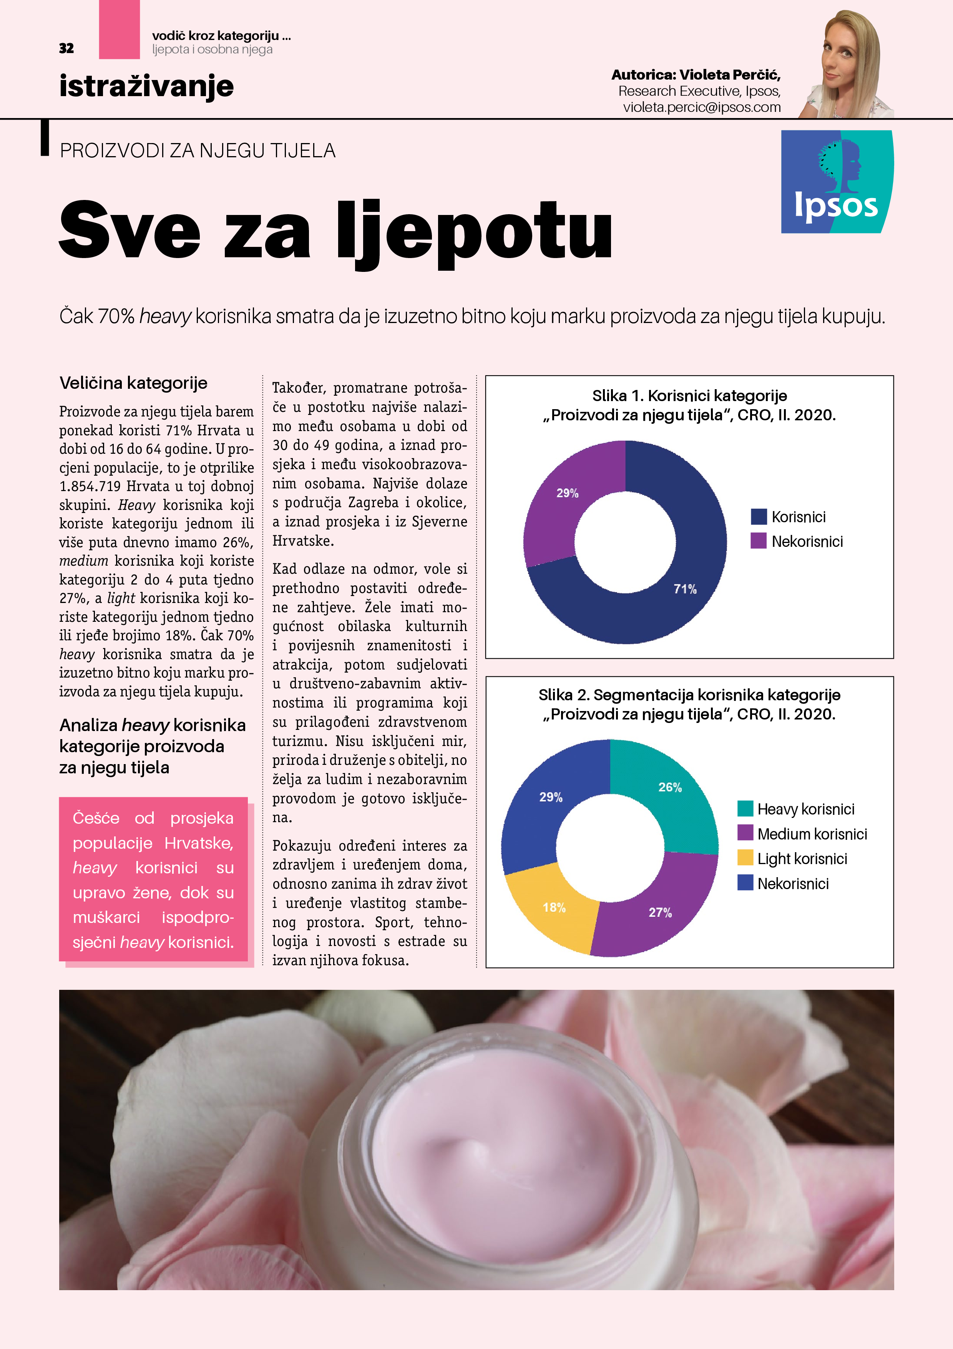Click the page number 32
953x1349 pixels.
click(66, 48)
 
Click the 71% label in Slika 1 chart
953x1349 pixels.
click(685, 589)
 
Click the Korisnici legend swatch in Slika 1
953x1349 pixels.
click(759, 516)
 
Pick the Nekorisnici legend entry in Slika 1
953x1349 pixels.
click(807, 541)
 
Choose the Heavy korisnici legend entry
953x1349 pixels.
click(805, 809)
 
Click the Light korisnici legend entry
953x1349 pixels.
click(802, 858)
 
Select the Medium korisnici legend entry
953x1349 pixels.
click(812, 834)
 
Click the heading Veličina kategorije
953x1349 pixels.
click(133, 383)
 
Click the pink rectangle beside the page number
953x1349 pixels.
click(119, 29)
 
